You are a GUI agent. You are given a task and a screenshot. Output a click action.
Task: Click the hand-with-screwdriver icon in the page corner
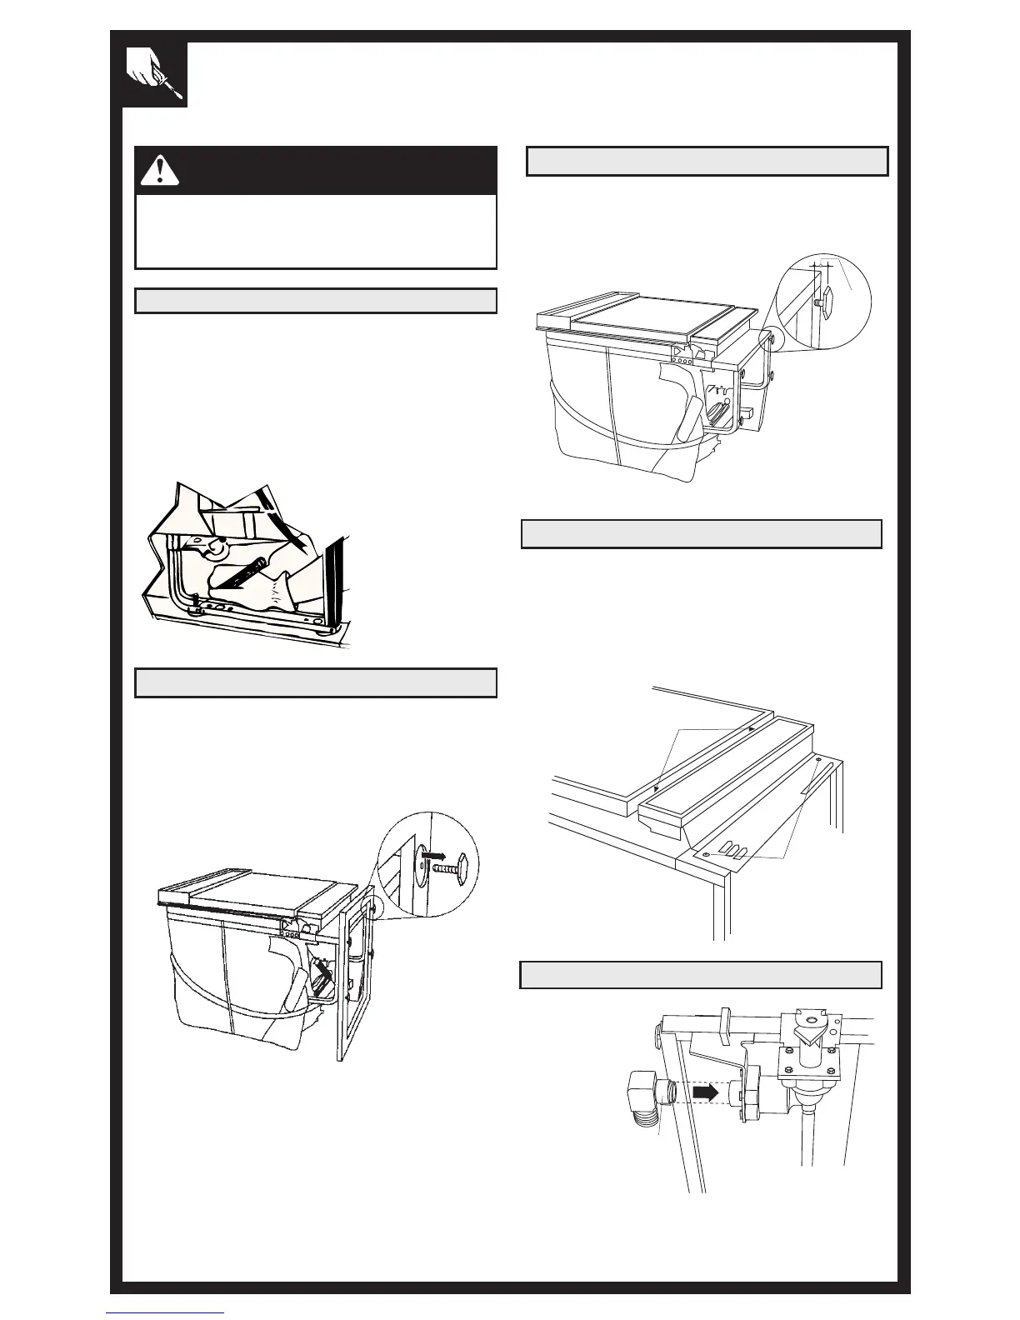[x=155, y=75]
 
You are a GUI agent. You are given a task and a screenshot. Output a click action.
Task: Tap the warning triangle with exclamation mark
[x=160, y=170]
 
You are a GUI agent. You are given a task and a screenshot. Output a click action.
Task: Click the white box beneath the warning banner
[x=316, y=231]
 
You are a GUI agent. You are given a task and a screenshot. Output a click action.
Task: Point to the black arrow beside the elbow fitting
[x=705, y=1092]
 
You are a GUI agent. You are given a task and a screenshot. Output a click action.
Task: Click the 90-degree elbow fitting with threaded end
[x=643, y=1098]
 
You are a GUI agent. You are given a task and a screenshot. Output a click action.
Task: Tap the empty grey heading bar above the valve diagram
[x=701, y=974]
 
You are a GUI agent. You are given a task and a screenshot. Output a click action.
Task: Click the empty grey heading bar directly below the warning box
[x=316, y=301]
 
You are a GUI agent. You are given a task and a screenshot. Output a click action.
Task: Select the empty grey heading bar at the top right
[x=707, y=162]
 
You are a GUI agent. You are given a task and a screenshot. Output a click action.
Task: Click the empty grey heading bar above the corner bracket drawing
[x=701, y=534]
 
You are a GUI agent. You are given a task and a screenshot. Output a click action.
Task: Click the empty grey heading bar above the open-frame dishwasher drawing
[x=316, y=682]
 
